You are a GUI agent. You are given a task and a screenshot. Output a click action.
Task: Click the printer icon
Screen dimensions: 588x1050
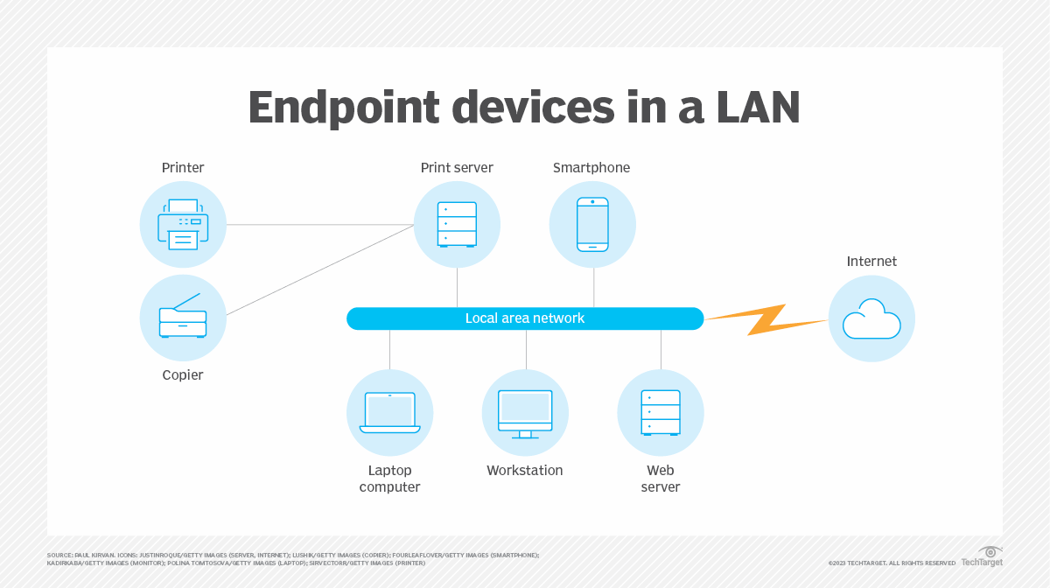[x=183, y=224]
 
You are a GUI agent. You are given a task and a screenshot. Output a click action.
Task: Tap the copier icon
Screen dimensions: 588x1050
[x=183, y=318]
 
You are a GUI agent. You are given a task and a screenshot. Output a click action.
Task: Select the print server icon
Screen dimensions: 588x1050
[x=457, y=224]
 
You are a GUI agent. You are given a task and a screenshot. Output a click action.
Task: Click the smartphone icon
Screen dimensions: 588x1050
[x=592, y=224]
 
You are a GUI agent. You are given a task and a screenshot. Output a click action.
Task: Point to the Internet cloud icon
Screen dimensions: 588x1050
[x=871, y=318]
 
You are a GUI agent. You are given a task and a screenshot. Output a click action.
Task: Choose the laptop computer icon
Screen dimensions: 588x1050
[x=389, y=412]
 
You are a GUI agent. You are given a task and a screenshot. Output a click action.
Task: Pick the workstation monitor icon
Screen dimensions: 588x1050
[x=525, y=412]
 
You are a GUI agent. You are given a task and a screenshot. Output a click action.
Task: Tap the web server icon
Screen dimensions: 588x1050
[x=661, y=412]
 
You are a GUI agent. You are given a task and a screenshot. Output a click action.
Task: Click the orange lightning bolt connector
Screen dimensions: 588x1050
[x=766, y=319]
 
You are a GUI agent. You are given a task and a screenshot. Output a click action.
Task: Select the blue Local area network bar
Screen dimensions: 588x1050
[x=525, y=318]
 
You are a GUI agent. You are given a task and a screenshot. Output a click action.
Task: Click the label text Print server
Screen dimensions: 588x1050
[x=457, y=168]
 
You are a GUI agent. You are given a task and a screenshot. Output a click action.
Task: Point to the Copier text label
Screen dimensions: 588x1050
[x=183, y=374]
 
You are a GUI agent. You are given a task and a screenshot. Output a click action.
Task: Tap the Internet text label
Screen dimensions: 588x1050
[x=871, y=262]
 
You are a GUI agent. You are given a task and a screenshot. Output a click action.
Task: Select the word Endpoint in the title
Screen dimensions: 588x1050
[x=344, y=108]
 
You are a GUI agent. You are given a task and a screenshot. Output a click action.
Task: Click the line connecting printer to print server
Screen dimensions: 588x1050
[x=319, y=225]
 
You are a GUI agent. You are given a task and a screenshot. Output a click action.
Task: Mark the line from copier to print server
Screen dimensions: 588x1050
[x=319, y=269]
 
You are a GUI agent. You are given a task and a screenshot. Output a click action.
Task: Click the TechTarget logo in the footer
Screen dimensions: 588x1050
[x=982, y=556]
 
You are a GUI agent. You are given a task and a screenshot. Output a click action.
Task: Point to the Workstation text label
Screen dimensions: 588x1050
[x=525, y=471]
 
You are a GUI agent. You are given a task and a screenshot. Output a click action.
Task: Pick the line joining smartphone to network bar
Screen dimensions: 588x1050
[x=594, y=287]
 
